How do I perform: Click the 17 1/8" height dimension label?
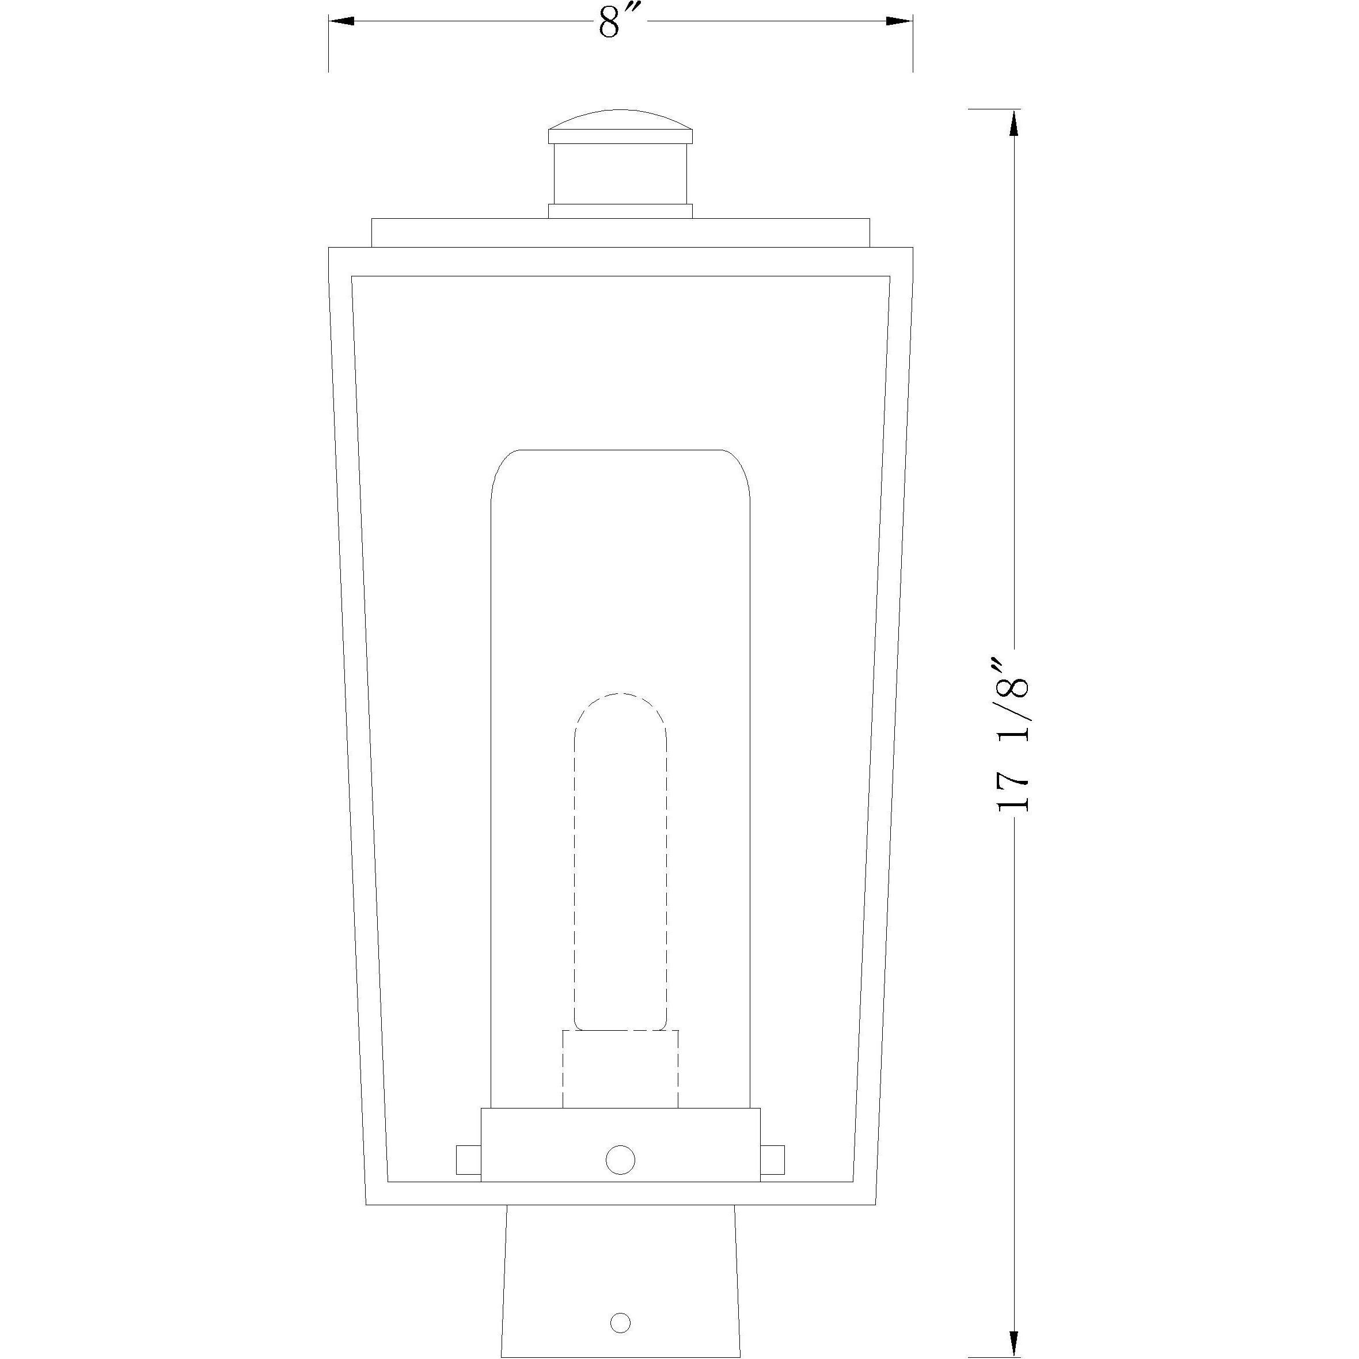pos(1013,736)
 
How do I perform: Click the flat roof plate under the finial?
pos(620,233)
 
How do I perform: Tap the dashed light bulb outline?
pos(620,879)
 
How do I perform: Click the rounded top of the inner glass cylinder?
pos(620,464)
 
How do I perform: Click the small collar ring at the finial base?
pos(620,211)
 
